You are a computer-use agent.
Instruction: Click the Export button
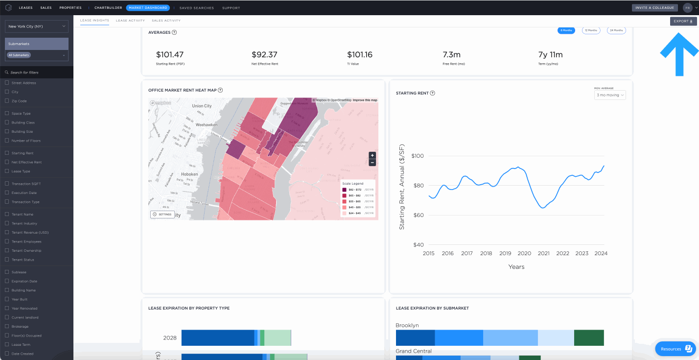click(683, 21)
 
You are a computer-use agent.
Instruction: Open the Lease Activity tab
click(130, 21)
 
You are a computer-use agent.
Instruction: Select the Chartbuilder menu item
click(108, 8)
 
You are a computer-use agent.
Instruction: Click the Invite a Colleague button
click(655, 8)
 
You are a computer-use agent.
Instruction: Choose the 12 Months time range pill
click(591, 30)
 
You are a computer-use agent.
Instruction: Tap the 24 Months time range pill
click(616, 30)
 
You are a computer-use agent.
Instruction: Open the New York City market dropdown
click(37, 26)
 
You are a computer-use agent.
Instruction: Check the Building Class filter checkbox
click(7, 122)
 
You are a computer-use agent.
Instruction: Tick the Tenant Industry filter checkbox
click(7, 223)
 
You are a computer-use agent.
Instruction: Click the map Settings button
click(163, 215)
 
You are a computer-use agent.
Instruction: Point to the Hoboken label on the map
click(189, 174)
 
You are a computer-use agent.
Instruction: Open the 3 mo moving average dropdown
click(610, 95)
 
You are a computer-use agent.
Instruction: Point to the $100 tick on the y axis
click(418, 156)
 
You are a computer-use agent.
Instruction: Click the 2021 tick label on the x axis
click(543, 253)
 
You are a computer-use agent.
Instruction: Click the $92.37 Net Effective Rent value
click(264, 55)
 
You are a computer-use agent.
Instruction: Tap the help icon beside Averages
click(174, 32)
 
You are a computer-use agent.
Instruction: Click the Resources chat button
click(676, 349)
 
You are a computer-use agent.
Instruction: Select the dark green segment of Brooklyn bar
click(589, 337)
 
